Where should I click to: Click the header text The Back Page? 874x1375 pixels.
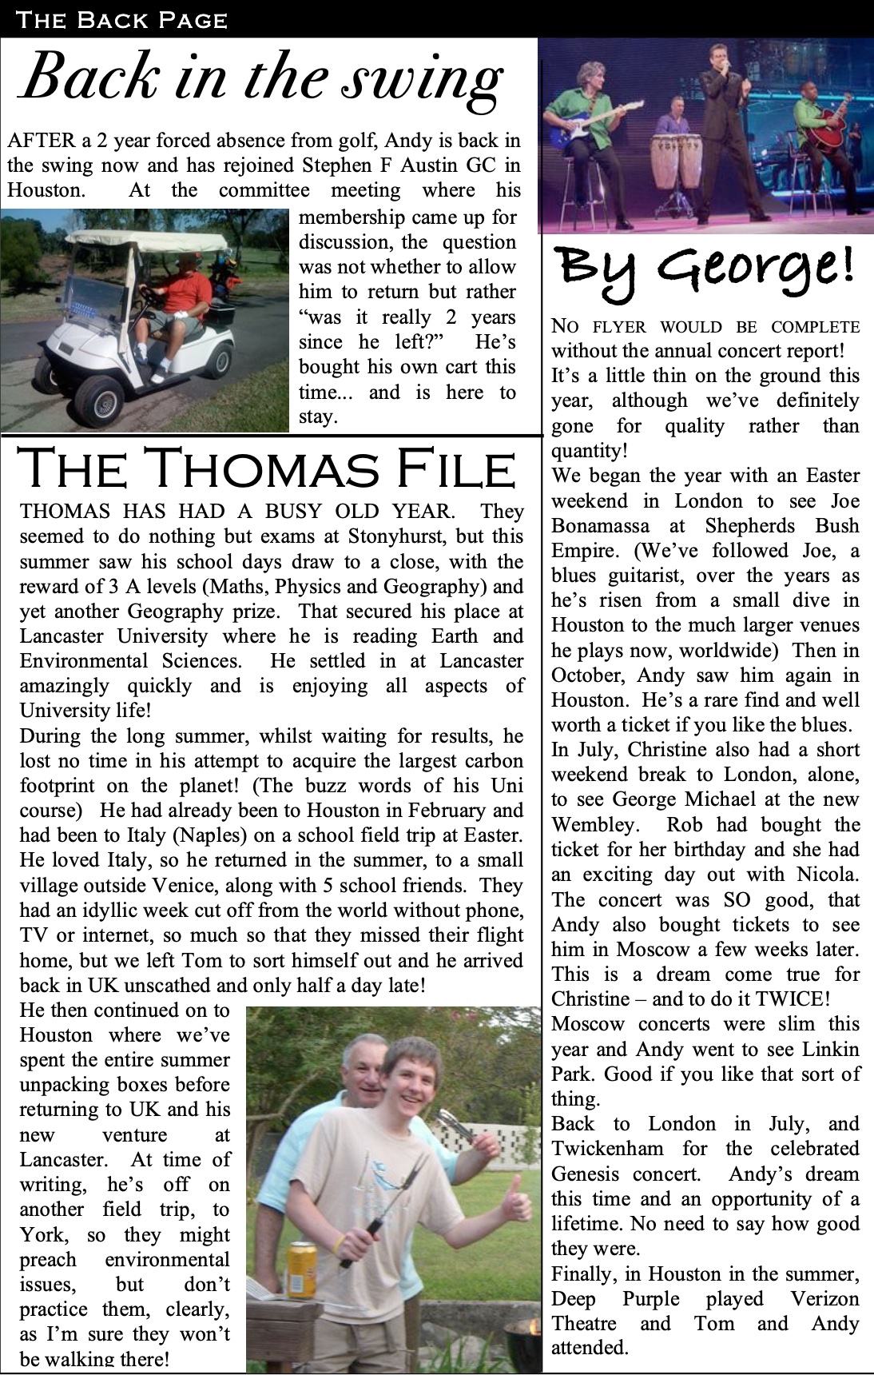121,19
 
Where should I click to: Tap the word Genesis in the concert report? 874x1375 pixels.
585,1174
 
